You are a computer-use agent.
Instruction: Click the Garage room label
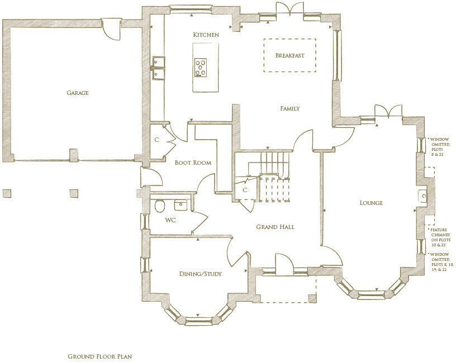[78, 93]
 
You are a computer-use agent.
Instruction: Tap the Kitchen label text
[206, 35]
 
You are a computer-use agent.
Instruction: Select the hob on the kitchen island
[201, 68]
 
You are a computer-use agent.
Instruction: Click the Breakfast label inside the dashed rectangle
[289, 55]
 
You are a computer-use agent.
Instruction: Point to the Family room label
[290, 108]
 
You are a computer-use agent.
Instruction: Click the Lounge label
[370, 203]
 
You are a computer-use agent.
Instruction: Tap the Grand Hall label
[275, 227]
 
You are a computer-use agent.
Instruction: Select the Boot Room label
[193, 163]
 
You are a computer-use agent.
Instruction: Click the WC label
[170, 220]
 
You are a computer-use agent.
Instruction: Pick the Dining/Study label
[200, 274]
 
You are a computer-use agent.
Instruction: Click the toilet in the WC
[159, 206]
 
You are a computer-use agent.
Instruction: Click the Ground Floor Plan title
[99, 356]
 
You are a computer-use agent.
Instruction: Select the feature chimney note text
[439, 237]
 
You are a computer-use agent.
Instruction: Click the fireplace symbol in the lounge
[424, 196]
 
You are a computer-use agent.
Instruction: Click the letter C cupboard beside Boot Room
[156, 140]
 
